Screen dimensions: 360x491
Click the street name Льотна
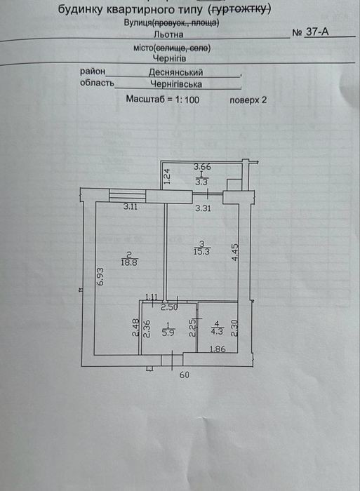click(168, 34)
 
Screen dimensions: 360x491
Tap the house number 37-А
click(317, 32)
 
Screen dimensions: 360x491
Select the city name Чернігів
click(170, 58)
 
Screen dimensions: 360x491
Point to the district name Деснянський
click(175, 72)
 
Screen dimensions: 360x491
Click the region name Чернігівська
click(176, 84)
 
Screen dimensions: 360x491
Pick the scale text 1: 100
click(187, 100)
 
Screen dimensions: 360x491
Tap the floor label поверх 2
click(248, 100)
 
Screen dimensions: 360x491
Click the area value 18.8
click(129, 262)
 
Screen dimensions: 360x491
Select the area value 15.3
click(202, 251)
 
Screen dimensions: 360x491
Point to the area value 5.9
click(168, 332)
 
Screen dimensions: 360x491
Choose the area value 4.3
click(217, 331)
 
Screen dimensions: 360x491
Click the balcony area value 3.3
click(201, 182)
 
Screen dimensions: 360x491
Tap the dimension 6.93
click(100, 276)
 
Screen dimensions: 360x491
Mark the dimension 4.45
click(236, 253)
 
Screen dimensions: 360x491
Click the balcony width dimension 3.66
click(202, 167)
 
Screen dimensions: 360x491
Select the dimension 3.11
click(131, 207)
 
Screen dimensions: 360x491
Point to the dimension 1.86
click(218, 349)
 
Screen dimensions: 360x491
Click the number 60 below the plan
click(185, 375)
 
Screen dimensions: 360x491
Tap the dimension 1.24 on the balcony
click(167, 176)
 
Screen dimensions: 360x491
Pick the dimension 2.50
click(169, 307)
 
